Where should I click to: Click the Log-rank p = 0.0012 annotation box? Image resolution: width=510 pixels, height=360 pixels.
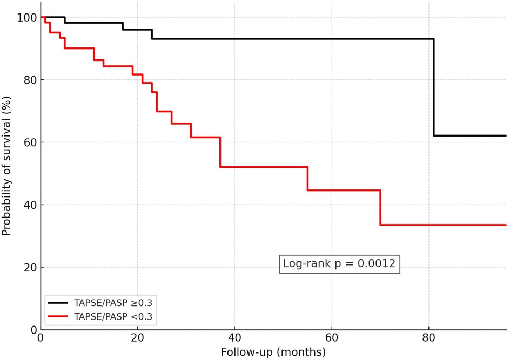[x=339, y=264]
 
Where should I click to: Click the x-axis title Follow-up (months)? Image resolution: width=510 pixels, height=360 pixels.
[x=273, y=352]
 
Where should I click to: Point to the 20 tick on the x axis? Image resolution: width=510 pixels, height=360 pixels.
[x=137, y=339]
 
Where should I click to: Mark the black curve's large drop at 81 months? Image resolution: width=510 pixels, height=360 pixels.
[x=433, y=86]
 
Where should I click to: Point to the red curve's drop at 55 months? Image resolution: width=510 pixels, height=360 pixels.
[x=307, y=179]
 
